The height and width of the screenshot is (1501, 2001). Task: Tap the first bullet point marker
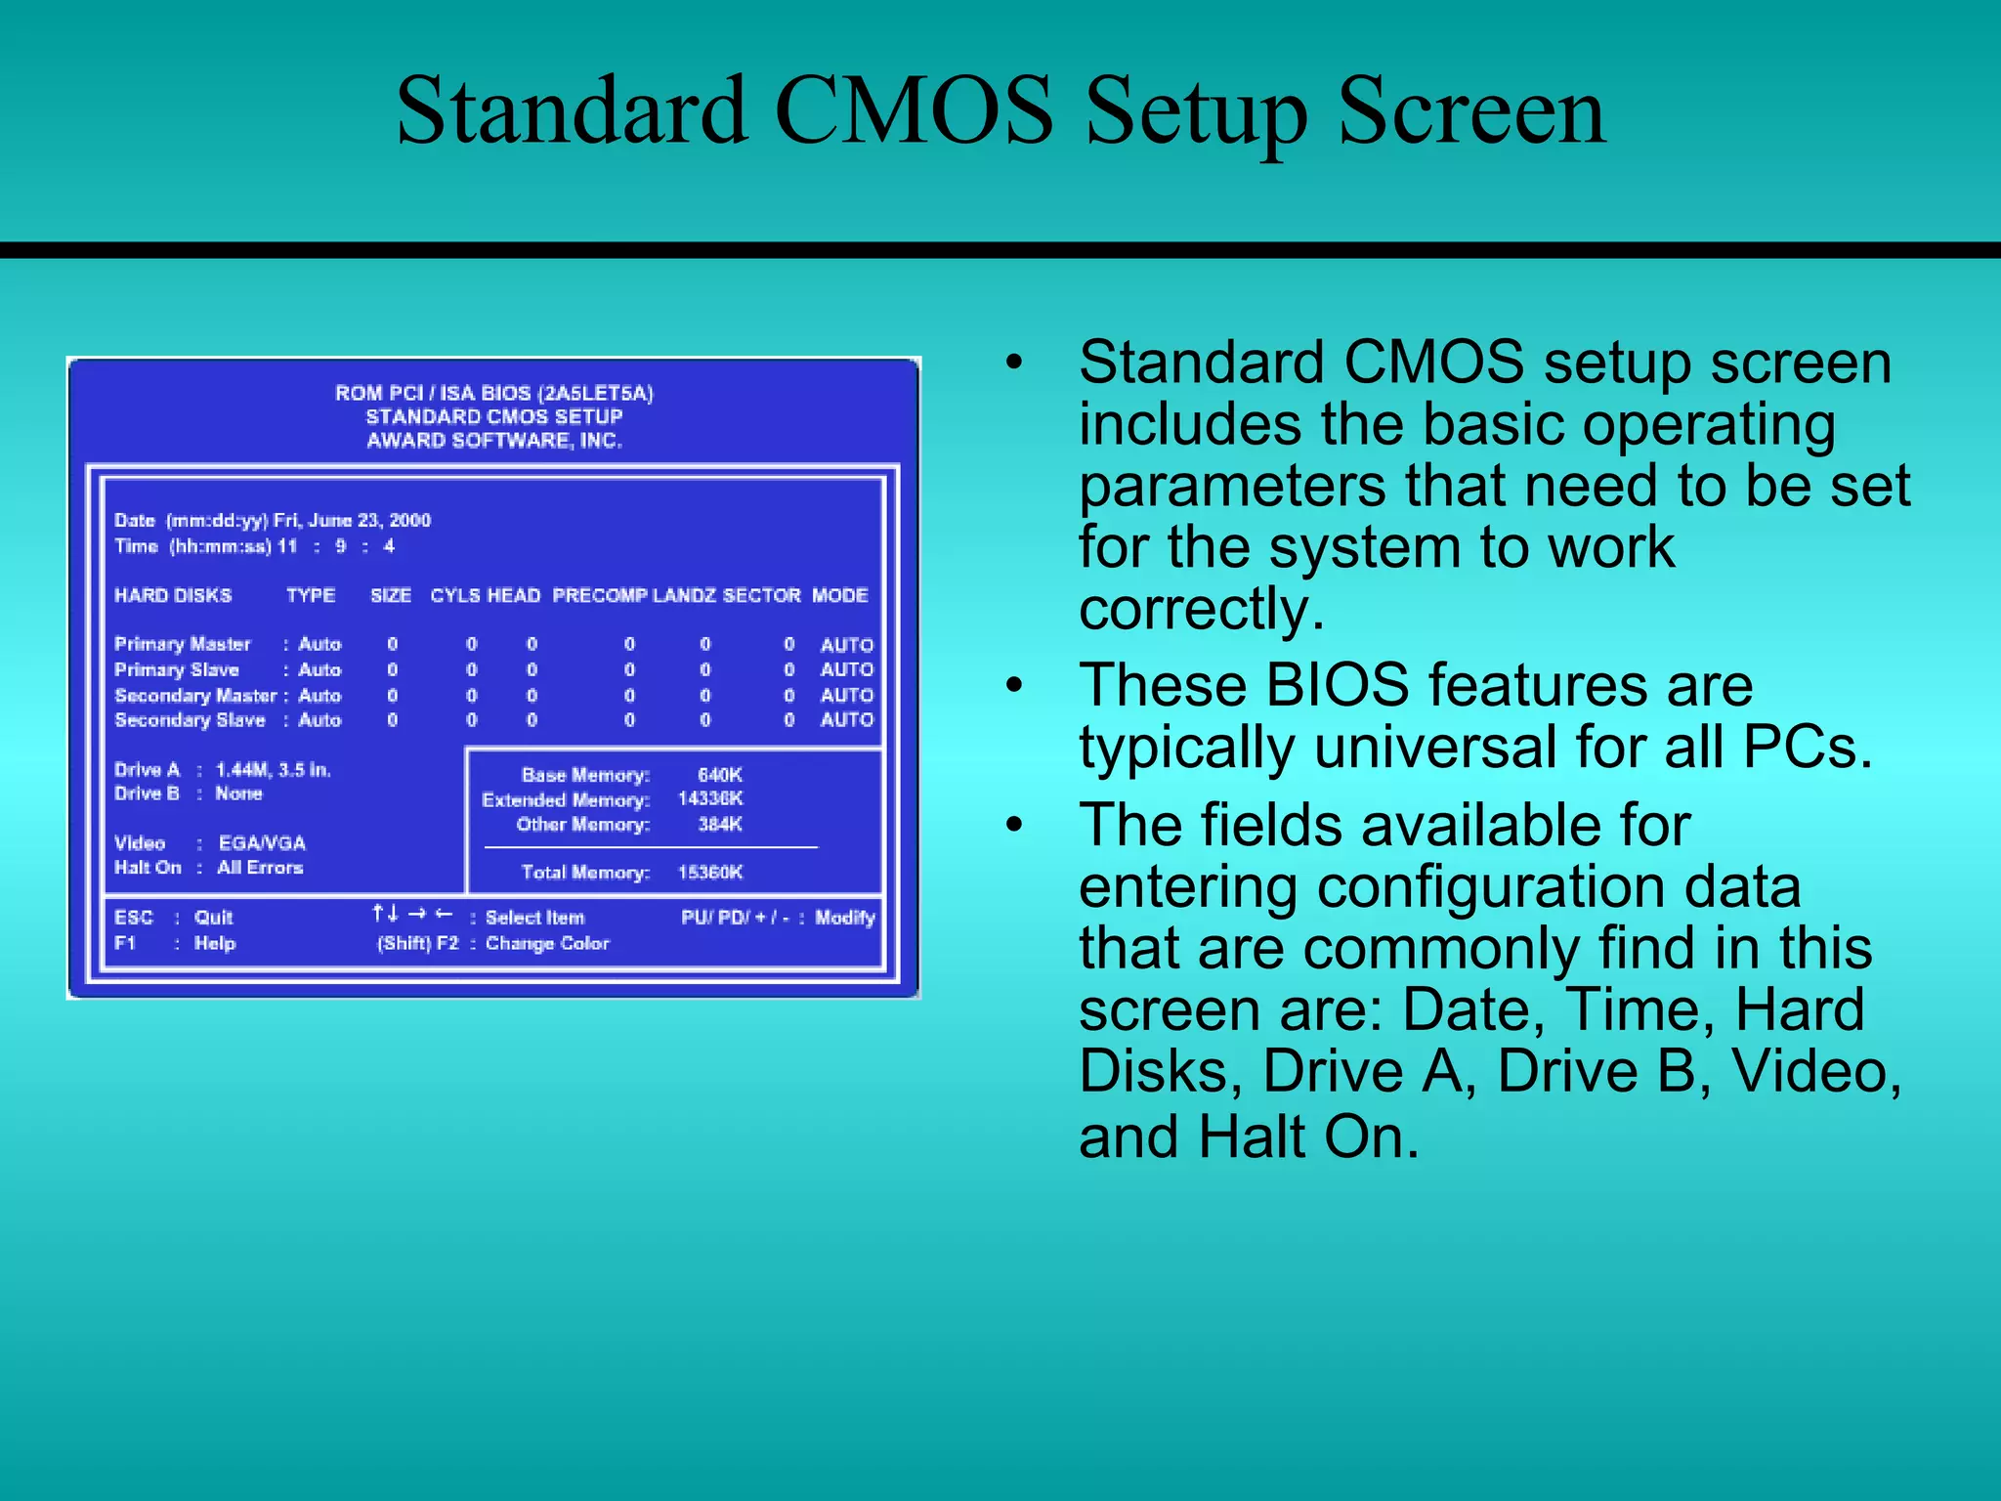pos(1015,364)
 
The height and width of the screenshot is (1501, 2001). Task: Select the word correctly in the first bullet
pos(1201,609)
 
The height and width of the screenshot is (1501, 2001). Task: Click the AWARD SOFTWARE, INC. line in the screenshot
pos(493,441)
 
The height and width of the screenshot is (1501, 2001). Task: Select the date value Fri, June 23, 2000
pos(352,520)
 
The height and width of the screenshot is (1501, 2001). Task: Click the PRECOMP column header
pos(599,595)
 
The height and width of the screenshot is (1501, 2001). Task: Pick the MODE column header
pos(839,595)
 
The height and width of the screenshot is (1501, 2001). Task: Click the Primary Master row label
pos(183,644)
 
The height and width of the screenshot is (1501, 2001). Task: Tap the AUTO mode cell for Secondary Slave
pos(846,720)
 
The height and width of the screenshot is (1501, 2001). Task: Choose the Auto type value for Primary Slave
pos(319,670)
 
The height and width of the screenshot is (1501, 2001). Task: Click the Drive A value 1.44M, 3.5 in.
pos(273,770)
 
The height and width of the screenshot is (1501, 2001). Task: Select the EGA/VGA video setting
pos(262,843)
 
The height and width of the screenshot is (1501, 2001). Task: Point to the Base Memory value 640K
pos(719,775)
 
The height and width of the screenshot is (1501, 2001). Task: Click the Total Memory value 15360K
pos(710,873)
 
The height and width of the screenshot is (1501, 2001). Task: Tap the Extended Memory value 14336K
pos(710,799)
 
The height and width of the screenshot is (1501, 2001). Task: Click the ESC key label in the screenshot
pos(134,918)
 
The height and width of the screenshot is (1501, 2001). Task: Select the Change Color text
pos(547,944)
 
